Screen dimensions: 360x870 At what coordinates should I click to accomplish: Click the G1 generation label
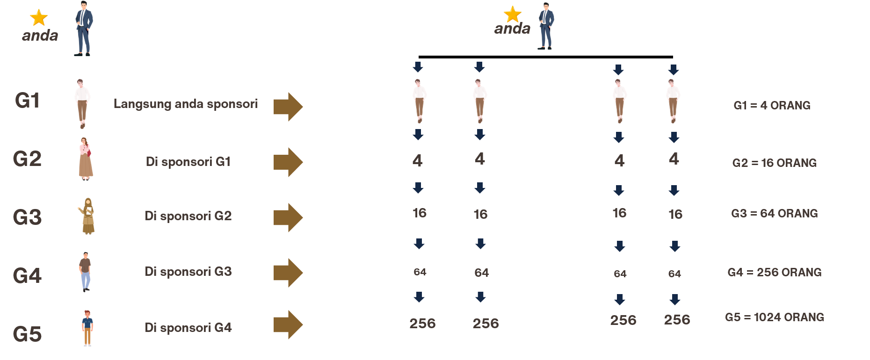pos(27,101)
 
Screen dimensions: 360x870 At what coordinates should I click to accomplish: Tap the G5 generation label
pos(27,334)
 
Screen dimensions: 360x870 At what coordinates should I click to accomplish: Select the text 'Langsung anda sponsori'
pos(185,104)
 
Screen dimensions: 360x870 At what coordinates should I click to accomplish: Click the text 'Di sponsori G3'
pos(188,272)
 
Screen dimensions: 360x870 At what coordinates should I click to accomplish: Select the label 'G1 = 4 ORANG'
pos(772,105)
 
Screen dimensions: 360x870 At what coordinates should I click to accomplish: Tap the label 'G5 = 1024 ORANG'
pos(775,317)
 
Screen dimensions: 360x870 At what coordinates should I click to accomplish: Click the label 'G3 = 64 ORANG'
pos(775,214)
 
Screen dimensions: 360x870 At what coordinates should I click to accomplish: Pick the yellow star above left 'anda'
pos(39,18)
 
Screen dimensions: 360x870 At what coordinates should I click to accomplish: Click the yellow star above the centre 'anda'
pos(513,14)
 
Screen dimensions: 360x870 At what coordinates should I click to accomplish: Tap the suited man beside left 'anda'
pos(84,29)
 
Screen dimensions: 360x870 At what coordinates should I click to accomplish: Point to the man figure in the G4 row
pos(85,272)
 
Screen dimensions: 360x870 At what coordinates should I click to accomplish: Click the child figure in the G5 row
pos(87,328)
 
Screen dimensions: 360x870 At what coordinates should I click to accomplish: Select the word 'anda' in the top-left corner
pos(40,36)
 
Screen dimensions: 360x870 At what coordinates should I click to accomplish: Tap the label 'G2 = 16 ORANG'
pos(775,163)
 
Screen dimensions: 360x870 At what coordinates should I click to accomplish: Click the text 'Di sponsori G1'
pos(188,162)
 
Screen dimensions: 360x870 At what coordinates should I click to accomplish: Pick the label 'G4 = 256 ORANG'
pos(775,273)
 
